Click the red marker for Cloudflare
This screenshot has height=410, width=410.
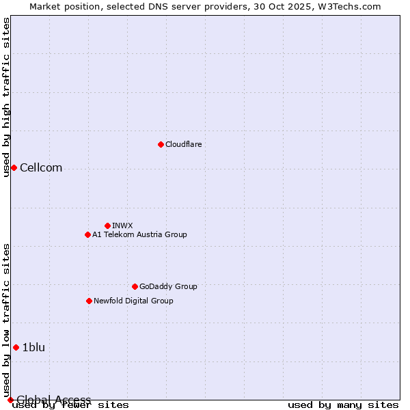(161, 144)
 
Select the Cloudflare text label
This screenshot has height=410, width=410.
(183, 144)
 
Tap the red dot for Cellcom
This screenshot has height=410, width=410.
(14, 167)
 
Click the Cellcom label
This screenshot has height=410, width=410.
(41, 168)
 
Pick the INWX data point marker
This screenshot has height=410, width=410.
(107, 225)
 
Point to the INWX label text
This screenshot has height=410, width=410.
(122, 225)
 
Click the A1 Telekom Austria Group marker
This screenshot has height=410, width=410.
(87, 234)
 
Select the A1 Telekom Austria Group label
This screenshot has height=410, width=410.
(139, 234)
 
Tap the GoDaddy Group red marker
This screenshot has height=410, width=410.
(135, 286)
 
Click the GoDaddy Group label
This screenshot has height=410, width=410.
(168, 286)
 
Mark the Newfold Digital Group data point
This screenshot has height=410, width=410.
(89, 301)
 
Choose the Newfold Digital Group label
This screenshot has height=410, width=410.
(133, 301)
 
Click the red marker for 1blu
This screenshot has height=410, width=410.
(16, 347)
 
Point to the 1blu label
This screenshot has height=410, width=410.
(33, 347)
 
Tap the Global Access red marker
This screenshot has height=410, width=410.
(10, 400)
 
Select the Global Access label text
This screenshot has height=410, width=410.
(53, 400)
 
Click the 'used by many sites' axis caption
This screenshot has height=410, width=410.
(343, 405)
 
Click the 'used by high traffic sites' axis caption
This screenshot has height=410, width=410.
(6, 97)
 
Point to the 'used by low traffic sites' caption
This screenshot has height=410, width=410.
(6, 321)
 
